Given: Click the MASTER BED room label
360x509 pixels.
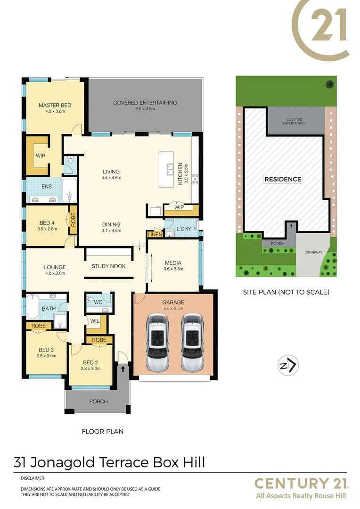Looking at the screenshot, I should [x=55, y=105].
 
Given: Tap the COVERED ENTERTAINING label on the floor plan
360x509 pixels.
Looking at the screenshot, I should [x=145, y=102].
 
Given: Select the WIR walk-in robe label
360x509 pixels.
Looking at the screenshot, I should [x=41, y=155].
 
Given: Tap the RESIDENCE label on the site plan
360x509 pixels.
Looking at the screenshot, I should [x=282, y=179].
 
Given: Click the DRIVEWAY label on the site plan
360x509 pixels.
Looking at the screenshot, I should [x=313, y=252].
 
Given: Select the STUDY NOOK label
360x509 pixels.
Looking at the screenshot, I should [x=108, y=266].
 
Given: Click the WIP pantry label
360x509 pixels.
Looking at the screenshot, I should [x=179, y=207].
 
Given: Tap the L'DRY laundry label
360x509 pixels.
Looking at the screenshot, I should [x=183, y=229].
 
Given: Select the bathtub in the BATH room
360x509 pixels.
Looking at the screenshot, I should [x=33, y=306].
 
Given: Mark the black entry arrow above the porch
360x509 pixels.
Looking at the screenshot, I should [x=123, y=369].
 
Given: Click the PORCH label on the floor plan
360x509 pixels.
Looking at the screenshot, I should [x=98, y=402].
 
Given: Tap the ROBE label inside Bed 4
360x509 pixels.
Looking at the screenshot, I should [x=73, y=220].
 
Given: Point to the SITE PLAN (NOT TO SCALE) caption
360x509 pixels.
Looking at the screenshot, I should [x=286, y=292].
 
